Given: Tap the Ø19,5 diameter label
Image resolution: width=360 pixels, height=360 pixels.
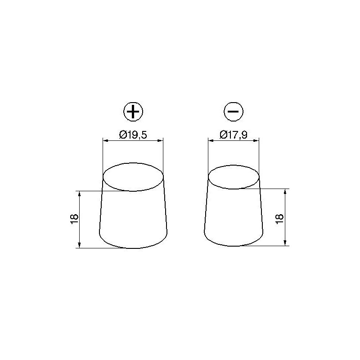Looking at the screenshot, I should click(x=134, y=134).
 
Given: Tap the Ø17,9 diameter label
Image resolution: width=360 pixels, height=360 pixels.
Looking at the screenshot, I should click(x=234, y=134).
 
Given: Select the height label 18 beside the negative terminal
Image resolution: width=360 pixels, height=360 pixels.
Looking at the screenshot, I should click(x=279, y=217).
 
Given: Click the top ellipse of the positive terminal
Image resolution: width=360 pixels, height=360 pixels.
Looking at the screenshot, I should click(x=133, y=176).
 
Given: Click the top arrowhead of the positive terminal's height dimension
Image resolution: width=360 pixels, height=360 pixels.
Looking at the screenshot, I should click(x=80, y=193).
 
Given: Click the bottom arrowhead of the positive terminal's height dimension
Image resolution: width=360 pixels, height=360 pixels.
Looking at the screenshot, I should click(x=80, y=245).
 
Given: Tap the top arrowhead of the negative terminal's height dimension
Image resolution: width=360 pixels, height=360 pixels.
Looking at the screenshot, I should click(x=285, y=191).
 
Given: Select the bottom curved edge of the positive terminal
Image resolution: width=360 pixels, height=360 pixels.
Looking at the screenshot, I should click(x=133, y=247).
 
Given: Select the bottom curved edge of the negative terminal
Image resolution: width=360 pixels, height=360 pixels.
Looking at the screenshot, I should click(x=234, y=245).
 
